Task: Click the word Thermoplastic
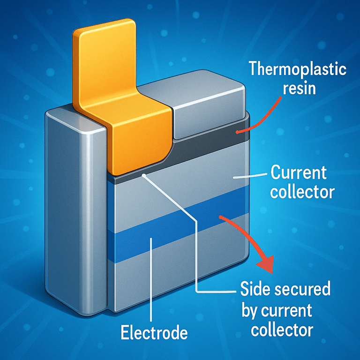(x=298, y=69)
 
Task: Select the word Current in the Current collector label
(x=299, y=173)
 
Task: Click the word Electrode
(x=154, y=333)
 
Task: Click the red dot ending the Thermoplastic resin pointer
(x=238, y=132)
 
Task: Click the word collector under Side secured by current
(x=282, y=329)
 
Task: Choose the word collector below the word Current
(x=303, y=192)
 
